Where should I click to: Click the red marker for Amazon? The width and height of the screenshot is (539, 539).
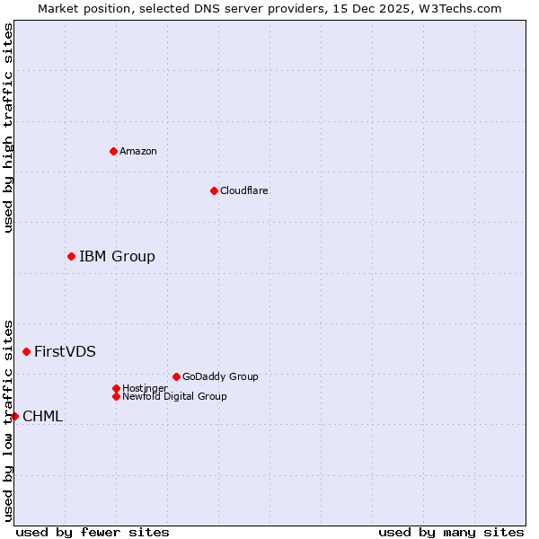point(113,151)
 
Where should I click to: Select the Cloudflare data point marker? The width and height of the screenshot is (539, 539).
point(214,190)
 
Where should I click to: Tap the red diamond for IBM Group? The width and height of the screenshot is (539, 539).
point(71,257)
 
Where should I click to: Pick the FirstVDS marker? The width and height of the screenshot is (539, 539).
point(26,351)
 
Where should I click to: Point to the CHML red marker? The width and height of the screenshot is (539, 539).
point(14,416)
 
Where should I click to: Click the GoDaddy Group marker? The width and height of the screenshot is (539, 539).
point(176,376)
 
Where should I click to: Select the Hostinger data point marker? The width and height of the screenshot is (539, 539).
point(116,388)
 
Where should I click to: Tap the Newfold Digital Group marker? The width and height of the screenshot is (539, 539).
point(116,396)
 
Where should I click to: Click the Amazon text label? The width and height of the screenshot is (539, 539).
point(138,151)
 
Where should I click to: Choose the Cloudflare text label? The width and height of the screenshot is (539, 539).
point(244,190)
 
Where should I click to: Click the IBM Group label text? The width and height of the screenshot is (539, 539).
point(117,257)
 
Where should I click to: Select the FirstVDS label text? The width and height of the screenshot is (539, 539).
point(65,351)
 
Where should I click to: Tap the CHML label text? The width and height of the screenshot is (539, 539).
point(42,416)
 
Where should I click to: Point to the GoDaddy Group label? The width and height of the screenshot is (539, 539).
point(220,376)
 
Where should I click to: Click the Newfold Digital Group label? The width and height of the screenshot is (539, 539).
point(174,396)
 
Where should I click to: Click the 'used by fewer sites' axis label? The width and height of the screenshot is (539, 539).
point(93,532)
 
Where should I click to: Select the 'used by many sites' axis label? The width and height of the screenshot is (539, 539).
point(451,532)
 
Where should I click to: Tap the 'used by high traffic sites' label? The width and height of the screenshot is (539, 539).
point(8,128)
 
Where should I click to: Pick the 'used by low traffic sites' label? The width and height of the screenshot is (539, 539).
point(8,420)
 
